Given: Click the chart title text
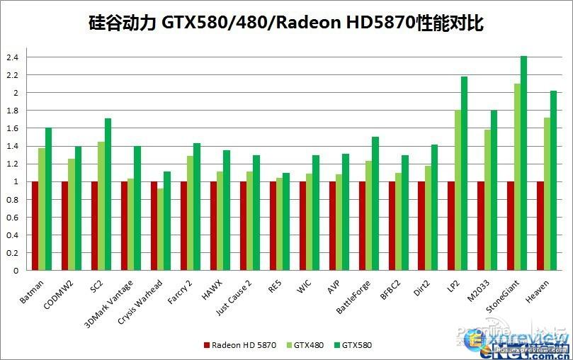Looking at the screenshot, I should [x=286, y=23].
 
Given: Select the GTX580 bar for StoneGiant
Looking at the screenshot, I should [x=524, y=163].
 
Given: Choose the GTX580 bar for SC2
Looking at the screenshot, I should [x=108, y=194].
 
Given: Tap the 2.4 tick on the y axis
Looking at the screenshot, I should [x=13, y=57].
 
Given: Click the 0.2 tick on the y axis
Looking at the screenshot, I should [x=13, y=253].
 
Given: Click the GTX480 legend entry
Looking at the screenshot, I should [x=307, y=345].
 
